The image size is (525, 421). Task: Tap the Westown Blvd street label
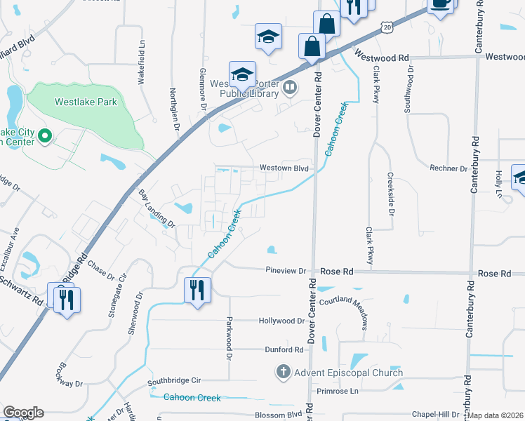[x=284, y=168]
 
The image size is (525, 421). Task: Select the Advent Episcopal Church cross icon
[x=283, y=372]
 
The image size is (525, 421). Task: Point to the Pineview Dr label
[x=286, y=271]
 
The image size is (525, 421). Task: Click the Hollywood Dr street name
[x=281, y=321]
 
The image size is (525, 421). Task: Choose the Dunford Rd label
[x=284, y=349]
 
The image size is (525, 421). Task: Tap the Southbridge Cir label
[x=174, y=380]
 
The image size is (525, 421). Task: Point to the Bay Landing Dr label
[x=155, y=208]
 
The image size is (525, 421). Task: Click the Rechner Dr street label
[x=448, y=168]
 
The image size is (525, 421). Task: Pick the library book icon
[x=290, y=88]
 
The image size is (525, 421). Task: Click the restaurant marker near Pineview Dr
[x=197, y=289]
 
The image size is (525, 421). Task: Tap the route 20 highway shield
[x=388, y=26]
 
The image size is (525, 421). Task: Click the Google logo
[x=23, y=413]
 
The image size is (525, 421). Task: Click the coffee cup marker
[x=440, y=4]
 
